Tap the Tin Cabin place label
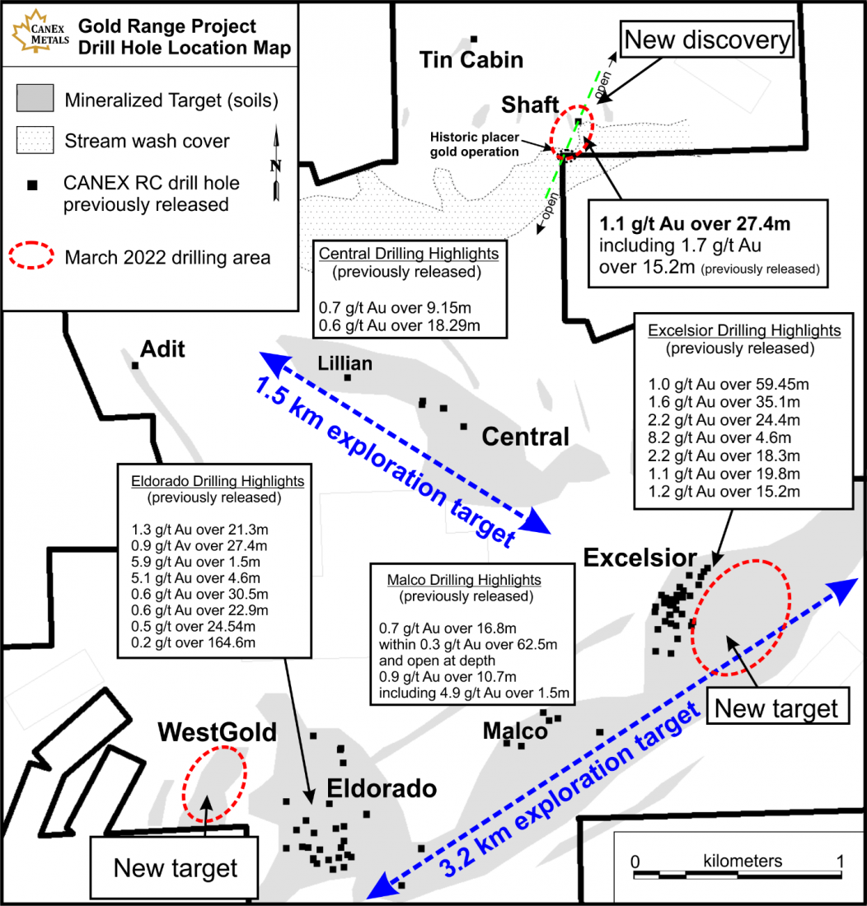tap(471, 59)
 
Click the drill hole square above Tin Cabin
tap(474, 40)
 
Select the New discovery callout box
tap(706, 40)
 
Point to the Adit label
tap(163, 349)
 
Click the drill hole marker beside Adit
tap(135, 365)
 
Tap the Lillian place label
tap(345, 363)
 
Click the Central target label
tap(526, 437)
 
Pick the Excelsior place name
tap(640, 558)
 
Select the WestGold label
tap(218, 732)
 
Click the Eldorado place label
tap(382, 789)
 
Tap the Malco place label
tap(515, 731)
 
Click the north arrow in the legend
tap(276, 163)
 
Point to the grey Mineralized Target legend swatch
tap(35, 98)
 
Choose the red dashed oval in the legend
tap(31, 255)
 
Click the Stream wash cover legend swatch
tap(35, 140)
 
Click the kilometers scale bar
tap(738, 875)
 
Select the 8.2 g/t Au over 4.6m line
tap(719, 438)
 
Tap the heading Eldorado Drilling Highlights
tap(218, 481)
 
